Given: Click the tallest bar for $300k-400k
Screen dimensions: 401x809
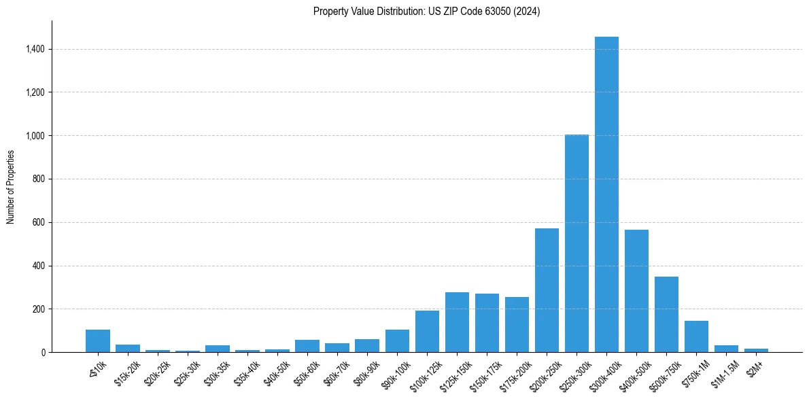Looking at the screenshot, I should pos(606,194).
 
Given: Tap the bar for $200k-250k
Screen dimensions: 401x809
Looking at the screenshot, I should pos(547,290).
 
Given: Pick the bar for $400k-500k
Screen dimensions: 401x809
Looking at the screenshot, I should pos(636,291).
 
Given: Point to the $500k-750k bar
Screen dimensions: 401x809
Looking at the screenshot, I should pos(666,314).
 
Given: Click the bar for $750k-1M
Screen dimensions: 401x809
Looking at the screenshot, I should pos(696,336).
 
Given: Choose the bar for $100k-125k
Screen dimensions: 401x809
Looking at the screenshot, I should pos(427,332).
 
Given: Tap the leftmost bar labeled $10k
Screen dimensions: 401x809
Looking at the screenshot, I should pos(98,341).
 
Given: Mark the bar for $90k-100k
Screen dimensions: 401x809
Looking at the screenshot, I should pos(397,341).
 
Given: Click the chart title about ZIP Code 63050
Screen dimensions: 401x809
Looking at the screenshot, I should pos(427,12).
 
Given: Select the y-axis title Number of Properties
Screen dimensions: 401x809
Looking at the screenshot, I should pos(11,186).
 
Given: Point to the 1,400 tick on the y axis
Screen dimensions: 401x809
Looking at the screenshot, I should pos(35,49).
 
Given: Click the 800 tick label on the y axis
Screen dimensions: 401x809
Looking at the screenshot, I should pos(39,179).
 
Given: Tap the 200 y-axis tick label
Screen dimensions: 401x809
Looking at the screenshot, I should pos(39,309).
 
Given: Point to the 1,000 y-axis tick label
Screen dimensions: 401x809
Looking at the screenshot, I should pos(35,136).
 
